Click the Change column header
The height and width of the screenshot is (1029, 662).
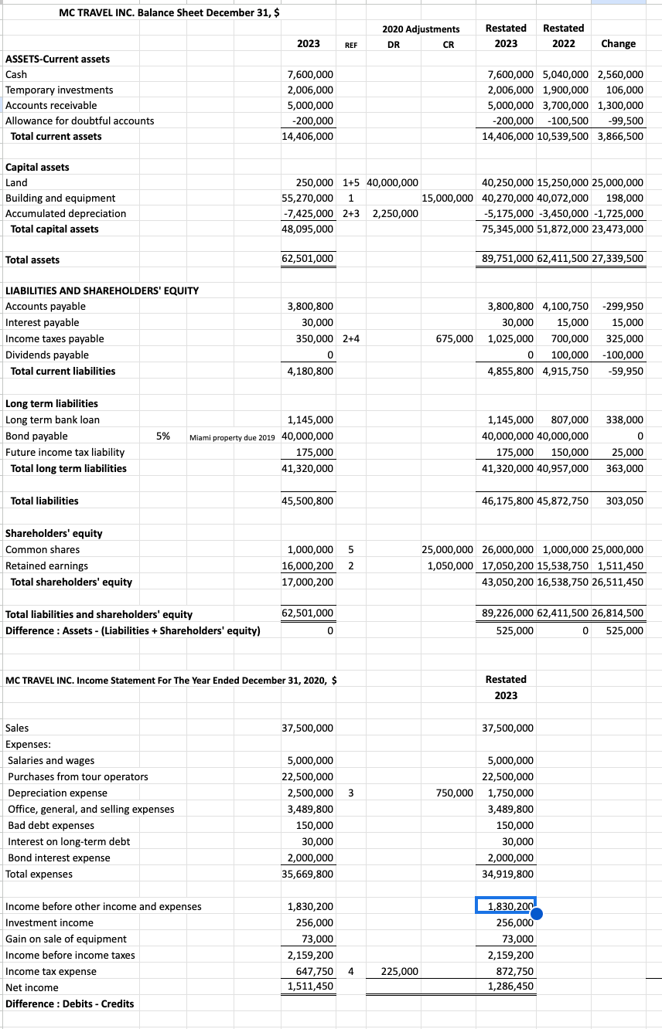(618, 43)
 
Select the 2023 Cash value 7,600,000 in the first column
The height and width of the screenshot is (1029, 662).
(310, 74)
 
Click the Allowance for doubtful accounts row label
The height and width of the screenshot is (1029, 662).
(80, 121)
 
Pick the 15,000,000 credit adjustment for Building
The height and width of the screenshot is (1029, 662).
(447, 198)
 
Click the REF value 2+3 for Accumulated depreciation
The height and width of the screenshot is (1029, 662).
(350, 213)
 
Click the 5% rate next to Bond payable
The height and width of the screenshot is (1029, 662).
(163, 436)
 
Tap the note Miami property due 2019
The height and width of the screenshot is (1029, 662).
(232, 436)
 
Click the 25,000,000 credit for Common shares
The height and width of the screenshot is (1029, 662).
(447, 549)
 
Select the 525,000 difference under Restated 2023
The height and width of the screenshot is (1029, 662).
(514, 630)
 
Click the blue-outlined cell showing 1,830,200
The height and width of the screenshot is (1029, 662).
(506, 906)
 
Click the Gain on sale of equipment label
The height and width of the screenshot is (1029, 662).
(66, 939)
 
